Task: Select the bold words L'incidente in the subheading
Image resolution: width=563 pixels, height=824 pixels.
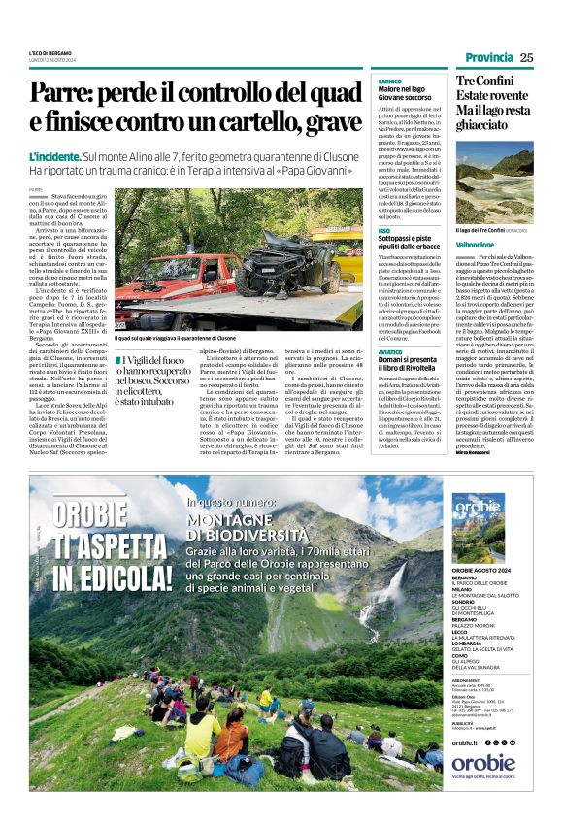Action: pos(59,156)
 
